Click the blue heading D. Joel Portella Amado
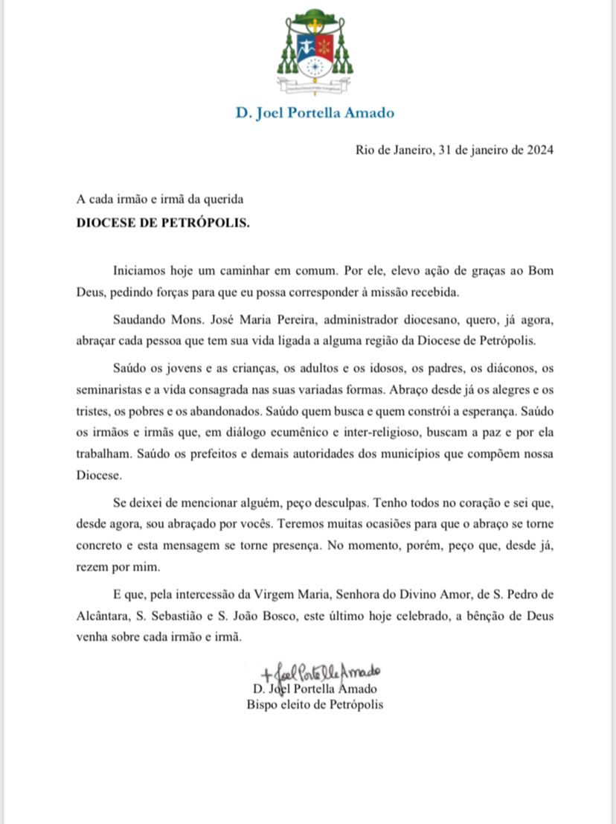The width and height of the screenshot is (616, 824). [315, 114]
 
